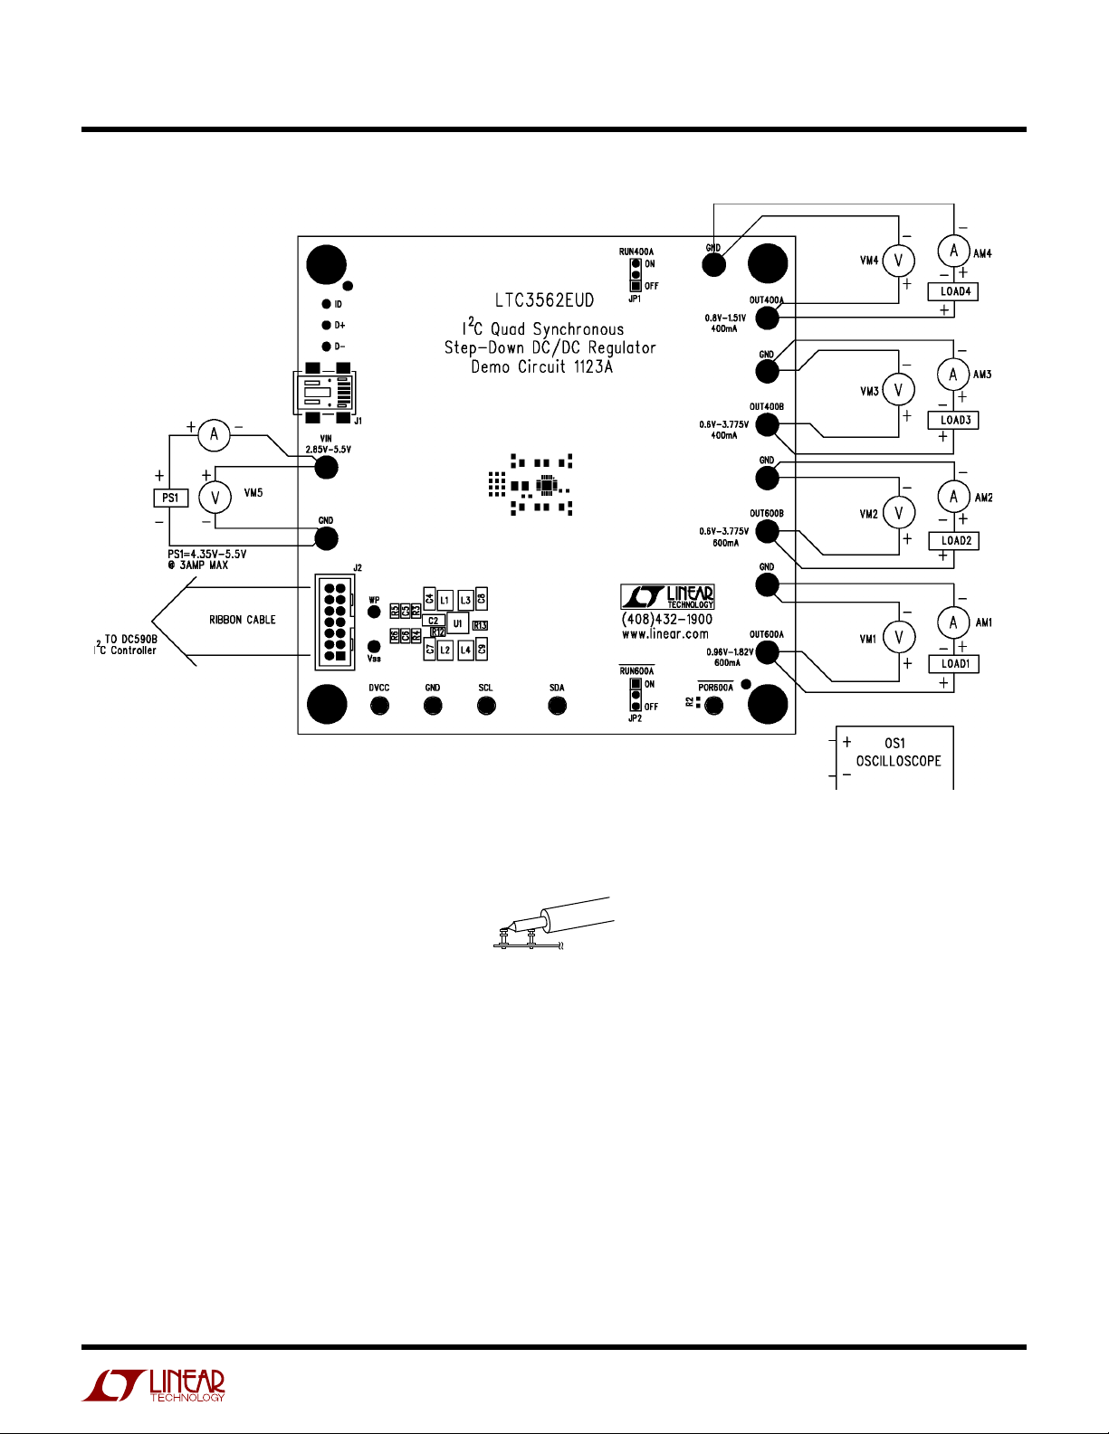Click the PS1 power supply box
[x=170, y=498]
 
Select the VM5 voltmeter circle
[x=215, y=498]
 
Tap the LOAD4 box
[x=954, y=291]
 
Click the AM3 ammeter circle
[x=953, y=374]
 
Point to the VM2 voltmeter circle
[x=898, y=513]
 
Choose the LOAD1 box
[x=954, y=663]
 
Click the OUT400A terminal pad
[x=767, y=318]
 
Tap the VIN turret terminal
[x=325, y=467]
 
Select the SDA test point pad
[x=557, y=704]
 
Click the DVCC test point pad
[x=379, y=704]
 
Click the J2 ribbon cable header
[x=334, y=622]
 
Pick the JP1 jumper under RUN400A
[x=636, y=274]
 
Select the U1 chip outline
[x=457, y=623]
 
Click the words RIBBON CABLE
[x=242, y=620]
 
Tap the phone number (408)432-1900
[x=666, y=620]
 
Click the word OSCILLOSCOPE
[x=898, y=761]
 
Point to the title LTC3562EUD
[x=544, y=300]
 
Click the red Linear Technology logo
[x=154, y=1385]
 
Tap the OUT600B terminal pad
[x=767, y=531]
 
